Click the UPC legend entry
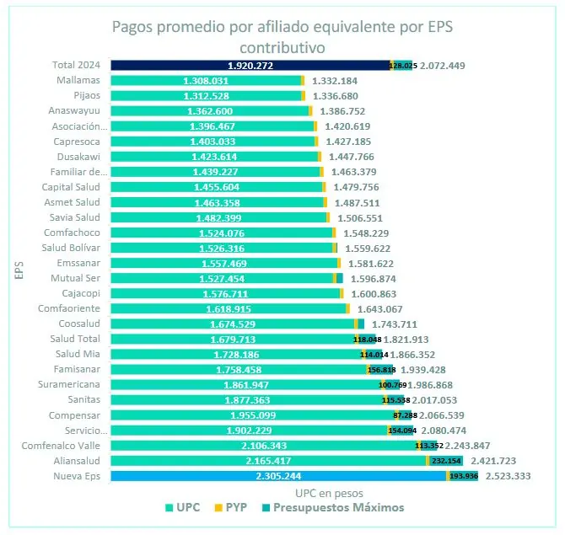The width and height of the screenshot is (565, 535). pos(181,507)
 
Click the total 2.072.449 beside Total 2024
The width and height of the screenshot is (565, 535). pos(442,65)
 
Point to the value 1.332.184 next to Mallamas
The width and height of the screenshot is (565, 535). pos(341,81)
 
